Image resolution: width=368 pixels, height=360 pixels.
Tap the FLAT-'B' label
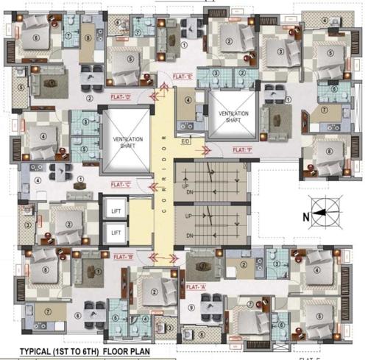click(124, 258)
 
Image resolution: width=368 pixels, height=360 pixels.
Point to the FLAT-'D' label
click(121, 96)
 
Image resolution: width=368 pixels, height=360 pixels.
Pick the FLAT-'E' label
click(182, 76)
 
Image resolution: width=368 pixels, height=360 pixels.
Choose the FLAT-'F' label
click(242, 149)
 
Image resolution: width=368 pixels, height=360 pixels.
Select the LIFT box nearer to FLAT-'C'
click(116, 210)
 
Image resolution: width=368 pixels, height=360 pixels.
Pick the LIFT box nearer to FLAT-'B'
click(116, 233)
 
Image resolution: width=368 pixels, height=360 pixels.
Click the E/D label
click(186, 141)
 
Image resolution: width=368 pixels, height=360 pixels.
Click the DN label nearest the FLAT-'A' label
click(190, 236)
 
